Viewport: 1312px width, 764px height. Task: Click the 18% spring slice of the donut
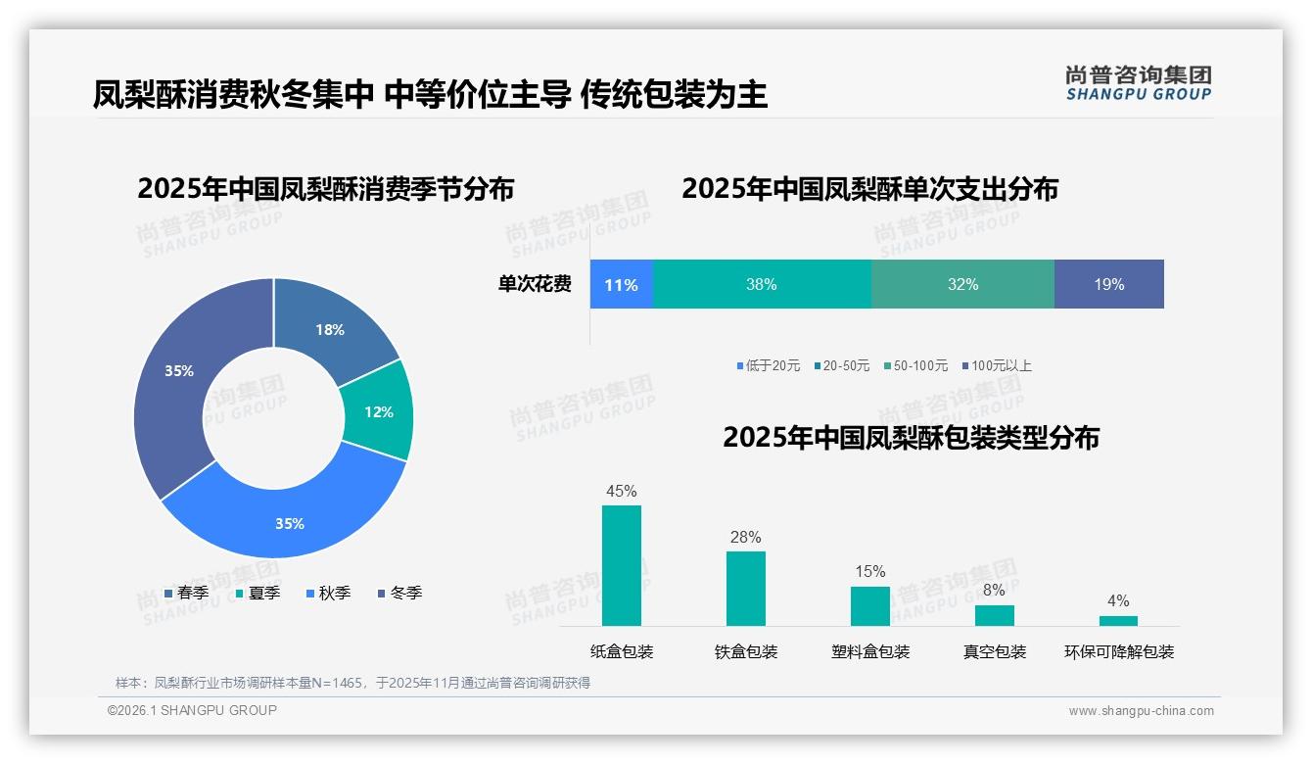tap(329, 329)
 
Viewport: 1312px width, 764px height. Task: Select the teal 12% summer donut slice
tap(378, 411)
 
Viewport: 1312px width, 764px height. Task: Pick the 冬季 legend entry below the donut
tap(399, 593)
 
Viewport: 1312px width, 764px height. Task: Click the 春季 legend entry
tap(186, 593)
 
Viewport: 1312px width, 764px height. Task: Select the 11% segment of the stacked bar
tap(621, 284)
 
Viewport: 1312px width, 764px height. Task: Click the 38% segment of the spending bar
tap(761, 284)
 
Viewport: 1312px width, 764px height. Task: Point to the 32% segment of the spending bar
tap(962, 284)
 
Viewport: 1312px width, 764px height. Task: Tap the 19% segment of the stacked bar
tap(1108, 284)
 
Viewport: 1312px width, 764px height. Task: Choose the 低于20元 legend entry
tap(769, 365)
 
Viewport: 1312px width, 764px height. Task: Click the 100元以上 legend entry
tap(997, 365)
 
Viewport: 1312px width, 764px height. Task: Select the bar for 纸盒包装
tap(622, 565)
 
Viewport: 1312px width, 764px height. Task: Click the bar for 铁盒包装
tap(746, 588)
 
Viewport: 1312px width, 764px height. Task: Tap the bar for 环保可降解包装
tap(1118, 620)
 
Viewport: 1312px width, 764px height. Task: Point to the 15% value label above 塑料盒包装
tap(869, 571)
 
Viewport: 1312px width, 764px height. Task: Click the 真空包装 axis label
tap(994, 651)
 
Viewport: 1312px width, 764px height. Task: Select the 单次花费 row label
tap(535, 284)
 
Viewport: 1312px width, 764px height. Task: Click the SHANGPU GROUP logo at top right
tap(1138, 82)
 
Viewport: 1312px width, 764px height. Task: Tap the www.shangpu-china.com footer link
tap(1141, 710)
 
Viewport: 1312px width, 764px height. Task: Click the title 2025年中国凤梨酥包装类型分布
tap(911, 437)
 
